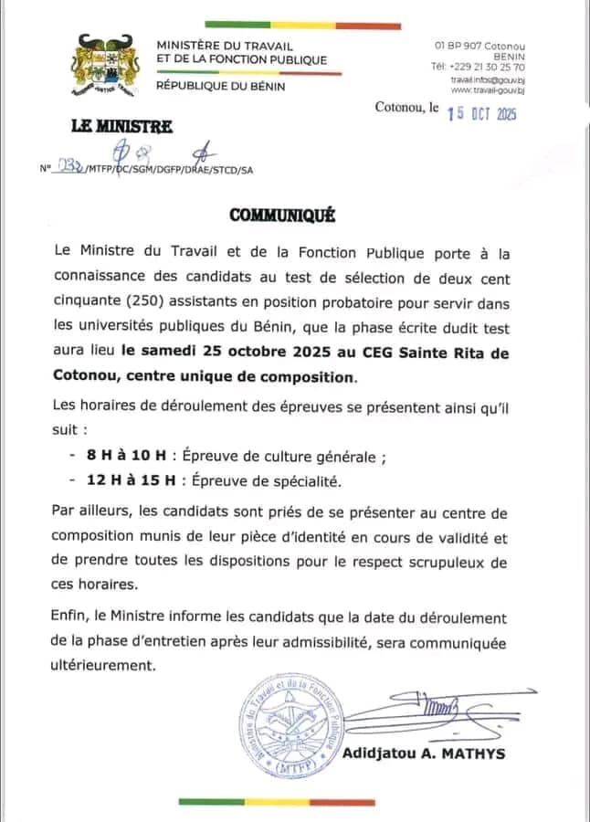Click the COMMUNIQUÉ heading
(282, 216)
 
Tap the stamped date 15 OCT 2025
(481, 112)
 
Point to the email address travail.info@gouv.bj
(487, 79)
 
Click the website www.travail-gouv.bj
(488, 90)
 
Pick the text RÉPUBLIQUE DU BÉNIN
(221, 86)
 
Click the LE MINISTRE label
(108, 127)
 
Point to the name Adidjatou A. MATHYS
(423, 753)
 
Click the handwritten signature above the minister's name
(429, 711)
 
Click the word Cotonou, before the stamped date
(400, 108)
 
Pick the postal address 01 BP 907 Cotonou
(479, 46)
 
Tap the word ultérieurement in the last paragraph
(103, 665)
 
